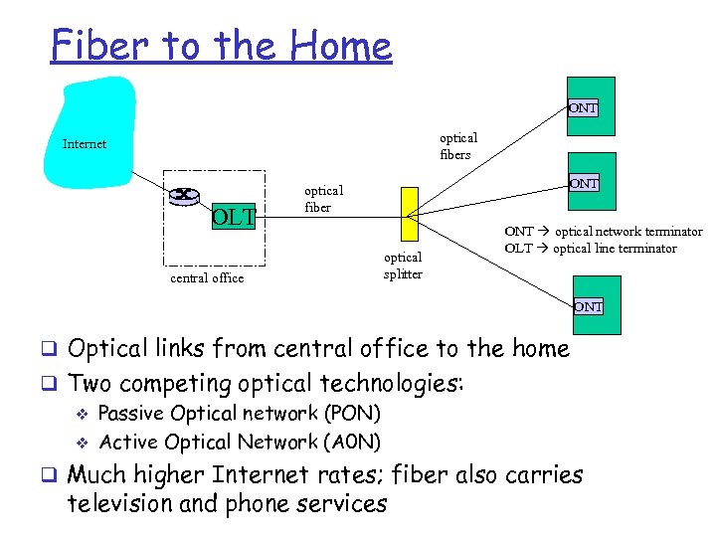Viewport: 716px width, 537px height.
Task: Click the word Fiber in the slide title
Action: (x=92, y=45)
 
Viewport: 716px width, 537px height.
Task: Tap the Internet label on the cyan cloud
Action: (x=85, y=144)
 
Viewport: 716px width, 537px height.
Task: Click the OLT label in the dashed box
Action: (x=234, y=217)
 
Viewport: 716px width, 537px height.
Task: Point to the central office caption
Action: (x=207, y=278)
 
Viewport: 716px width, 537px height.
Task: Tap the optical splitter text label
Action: (x=403, y=266)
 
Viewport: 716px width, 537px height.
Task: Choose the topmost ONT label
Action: (x=584, y=107)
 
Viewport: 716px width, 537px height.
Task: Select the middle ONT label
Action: (x=584, y=183)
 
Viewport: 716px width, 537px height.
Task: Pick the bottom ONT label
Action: (x=588, y=306)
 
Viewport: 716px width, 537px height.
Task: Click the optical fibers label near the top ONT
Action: (x=458, y=146)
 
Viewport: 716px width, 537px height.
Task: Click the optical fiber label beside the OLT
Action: (x=323, y=199)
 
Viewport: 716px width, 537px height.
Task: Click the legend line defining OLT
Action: (x=591, y=248)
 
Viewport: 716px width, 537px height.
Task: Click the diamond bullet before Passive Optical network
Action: (x=84, y=414)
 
